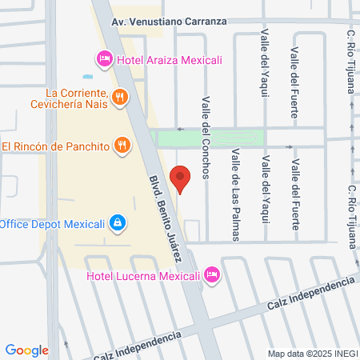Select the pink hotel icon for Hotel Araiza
[103, 58]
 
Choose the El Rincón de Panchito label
[55, 146]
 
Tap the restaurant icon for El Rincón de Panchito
[122, 146]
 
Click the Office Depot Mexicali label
[52, 223]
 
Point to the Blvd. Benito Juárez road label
[170, 211]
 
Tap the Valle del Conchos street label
[206, 138]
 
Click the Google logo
[27, 350]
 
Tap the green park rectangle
[210, 138]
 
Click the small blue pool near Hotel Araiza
[86, 77]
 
